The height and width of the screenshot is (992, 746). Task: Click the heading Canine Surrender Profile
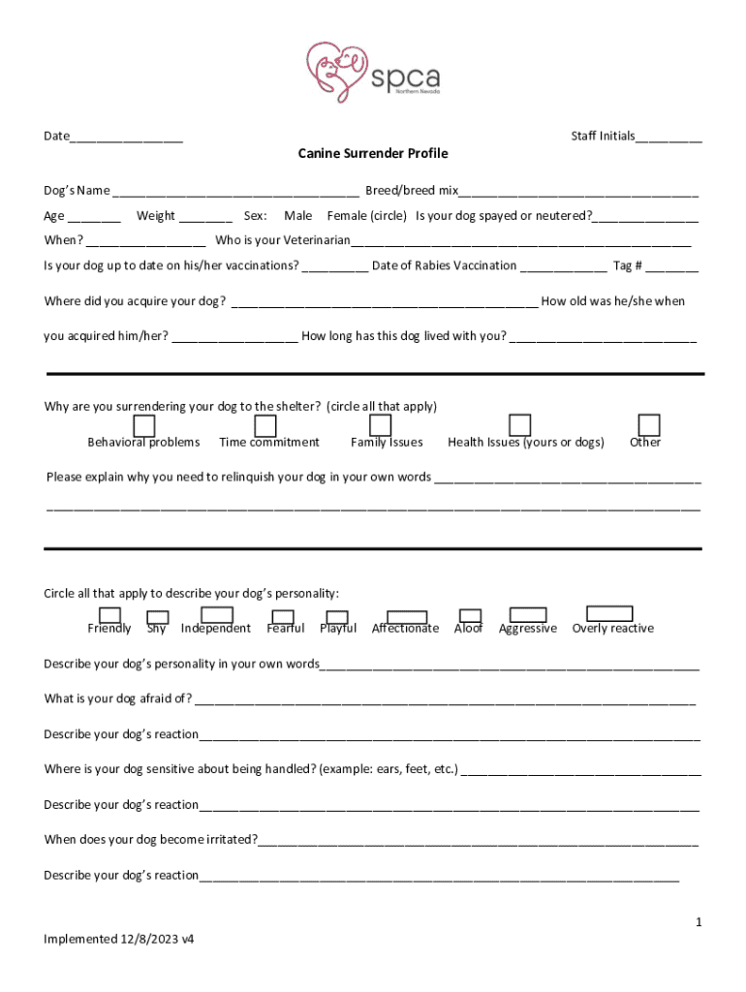click(x=373, y=154)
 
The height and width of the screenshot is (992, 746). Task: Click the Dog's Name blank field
click(x=236, y=192)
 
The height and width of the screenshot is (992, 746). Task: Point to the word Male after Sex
click(x=297, y=216)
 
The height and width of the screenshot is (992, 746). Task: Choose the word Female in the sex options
click(x=348, y=216)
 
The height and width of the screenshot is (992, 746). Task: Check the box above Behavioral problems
click(x=143, y=426)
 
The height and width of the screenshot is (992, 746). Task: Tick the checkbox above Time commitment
click(x=264, y=426)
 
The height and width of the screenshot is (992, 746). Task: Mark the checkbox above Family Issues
click(x=380, y=425)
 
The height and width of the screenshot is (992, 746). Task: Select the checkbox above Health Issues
click(x=520, y=424)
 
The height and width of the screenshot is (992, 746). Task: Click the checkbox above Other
click(x=649, y=424)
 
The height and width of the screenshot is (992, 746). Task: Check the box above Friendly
click(x=109, y=614)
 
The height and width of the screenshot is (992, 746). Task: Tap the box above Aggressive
click(x=528, y=614)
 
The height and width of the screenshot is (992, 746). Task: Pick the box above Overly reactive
click(x=610, y=613)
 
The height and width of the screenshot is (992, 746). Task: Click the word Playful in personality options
click(x=338, y=629)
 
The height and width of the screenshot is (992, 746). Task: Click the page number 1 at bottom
click(x=698, y=923)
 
